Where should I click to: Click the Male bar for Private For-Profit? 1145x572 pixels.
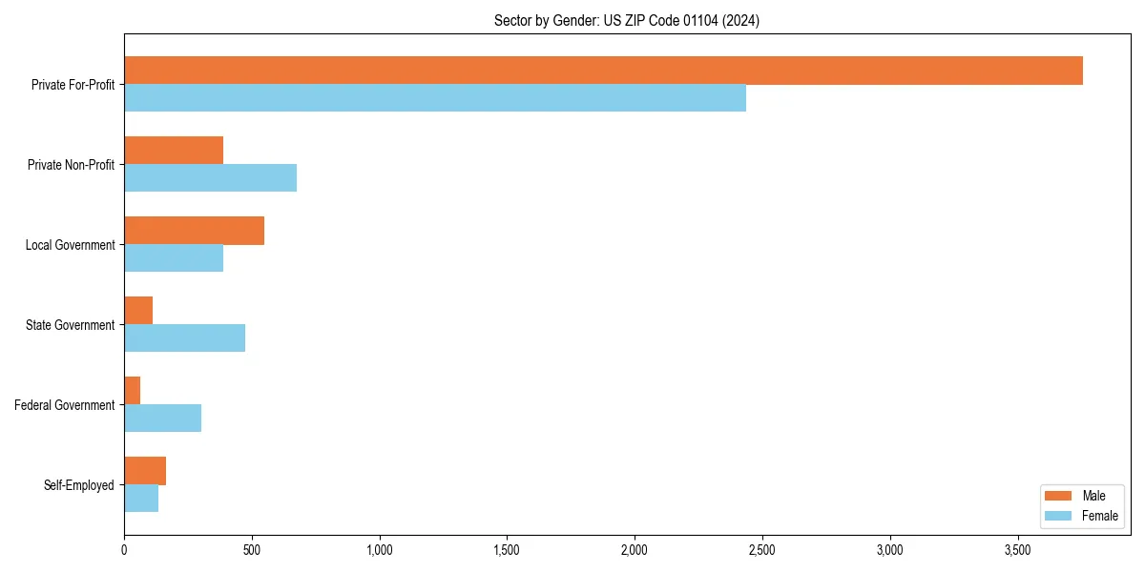point(603,71)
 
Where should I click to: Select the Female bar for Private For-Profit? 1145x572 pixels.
point(435,98)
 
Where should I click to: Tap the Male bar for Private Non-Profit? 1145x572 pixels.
point(174,151)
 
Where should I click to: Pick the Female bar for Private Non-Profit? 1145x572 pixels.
point(210,178)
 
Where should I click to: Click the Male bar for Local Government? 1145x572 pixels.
point(194,231)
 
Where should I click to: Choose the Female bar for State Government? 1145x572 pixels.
point(184,338)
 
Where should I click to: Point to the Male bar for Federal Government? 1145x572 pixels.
point(133,391)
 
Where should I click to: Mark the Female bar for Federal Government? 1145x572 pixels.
point(162,419)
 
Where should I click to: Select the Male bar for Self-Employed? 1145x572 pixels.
point(145,471)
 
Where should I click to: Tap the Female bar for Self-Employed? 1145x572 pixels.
point(141,499)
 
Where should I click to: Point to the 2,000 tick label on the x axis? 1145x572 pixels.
point(635,550)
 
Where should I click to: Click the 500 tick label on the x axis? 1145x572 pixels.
point(252,550)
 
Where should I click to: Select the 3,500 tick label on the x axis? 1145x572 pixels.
point(1017,550)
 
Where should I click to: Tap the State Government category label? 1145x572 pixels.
point(70,325)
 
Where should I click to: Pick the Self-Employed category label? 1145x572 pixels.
point(78,485)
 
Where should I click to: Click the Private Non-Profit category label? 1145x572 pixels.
point(71,165)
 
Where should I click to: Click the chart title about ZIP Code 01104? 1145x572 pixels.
point(627,20)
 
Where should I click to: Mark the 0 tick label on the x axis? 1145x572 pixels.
point(124,550)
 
